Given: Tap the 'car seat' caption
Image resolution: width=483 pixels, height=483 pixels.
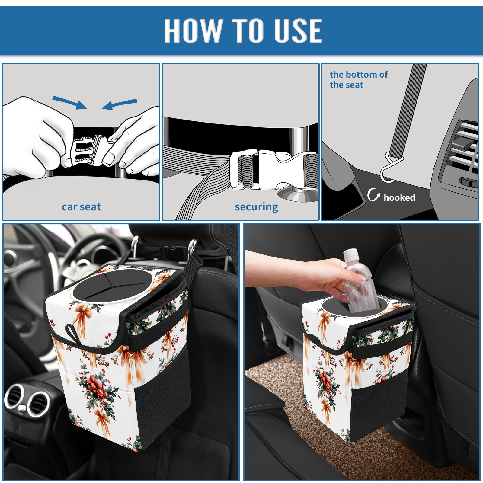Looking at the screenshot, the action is pyautogui.click(x=81, y=207).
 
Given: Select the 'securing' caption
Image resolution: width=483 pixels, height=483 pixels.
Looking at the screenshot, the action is pyautogui.click(x=256, y=207).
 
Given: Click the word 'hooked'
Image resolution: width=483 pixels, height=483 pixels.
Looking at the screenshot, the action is pyautogui.click(x=399, y=197).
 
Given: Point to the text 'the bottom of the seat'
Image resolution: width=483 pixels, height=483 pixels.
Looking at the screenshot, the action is pyautogui.click(x=359, y=79).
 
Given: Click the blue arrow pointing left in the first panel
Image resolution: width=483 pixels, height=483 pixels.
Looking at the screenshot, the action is pyautogui.click(x=120, y=104).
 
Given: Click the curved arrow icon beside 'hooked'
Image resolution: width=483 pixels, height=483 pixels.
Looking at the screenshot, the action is pyautogui.click(x=373, y=195).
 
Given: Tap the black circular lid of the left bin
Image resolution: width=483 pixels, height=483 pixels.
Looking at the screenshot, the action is pyautogui.click(x=112, y=285).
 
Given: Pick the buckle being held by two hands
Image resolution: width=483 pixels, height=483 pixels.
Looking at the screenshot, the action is pyautogui.click(x=89, y=150).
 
